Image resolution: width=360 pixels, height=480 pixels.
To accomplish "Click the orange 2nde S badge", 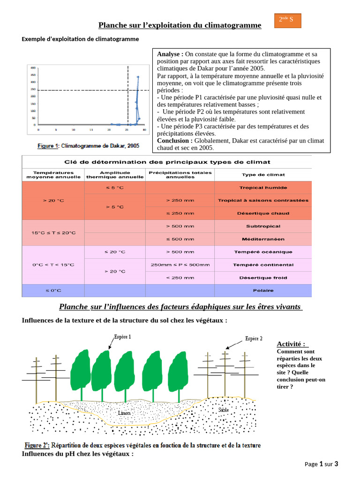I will click(287, 20).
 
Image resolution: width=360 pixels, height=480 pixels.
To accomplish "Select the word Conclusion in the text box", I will click(174, 141).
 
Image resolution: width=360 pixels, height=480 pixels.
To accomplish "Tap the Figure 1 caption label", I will click(47, 146).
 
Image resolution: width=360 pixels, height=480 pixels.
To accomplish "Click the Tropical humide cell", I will click(263, 187).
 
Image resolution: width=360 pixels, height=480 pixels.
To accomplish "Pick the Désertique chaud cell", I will click(263, 213).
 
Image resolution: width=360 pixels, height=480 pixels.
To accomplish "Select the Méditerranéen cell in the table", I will click(263, 239).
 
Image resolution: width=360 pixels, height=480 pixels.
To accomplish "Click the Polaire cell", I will click(263, 291).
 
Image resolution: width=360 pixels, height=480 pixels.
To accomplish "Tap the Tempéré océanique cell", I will click(263, 252).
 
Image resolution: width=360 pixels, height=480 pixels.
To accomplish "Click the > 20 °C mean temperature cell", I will click(53, 201).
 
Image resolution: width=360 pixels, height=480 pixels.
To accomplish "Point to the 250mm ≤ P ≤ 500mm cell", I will click(180, 265).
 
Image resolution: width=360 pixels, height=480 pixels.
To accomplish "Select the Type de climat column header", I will click(263, 175).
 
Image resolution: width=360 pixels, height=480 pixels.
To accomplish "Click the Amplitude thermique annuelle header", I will click(115, 175).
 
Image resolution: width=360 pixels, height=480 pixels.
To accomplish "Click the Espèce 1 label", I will click(123, 337).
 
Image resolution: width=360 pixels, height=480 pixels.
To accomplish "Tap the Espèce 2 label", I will click(254, 338).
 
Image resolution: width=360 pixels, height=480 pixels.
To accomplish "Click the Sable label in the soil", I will click(224, 410).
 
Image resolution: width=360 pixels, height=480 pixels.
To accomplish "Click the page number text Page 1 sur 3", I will click(321, 464).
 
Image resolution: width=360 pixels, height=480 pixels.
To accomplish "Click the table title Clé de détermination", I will click(166, 162).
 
